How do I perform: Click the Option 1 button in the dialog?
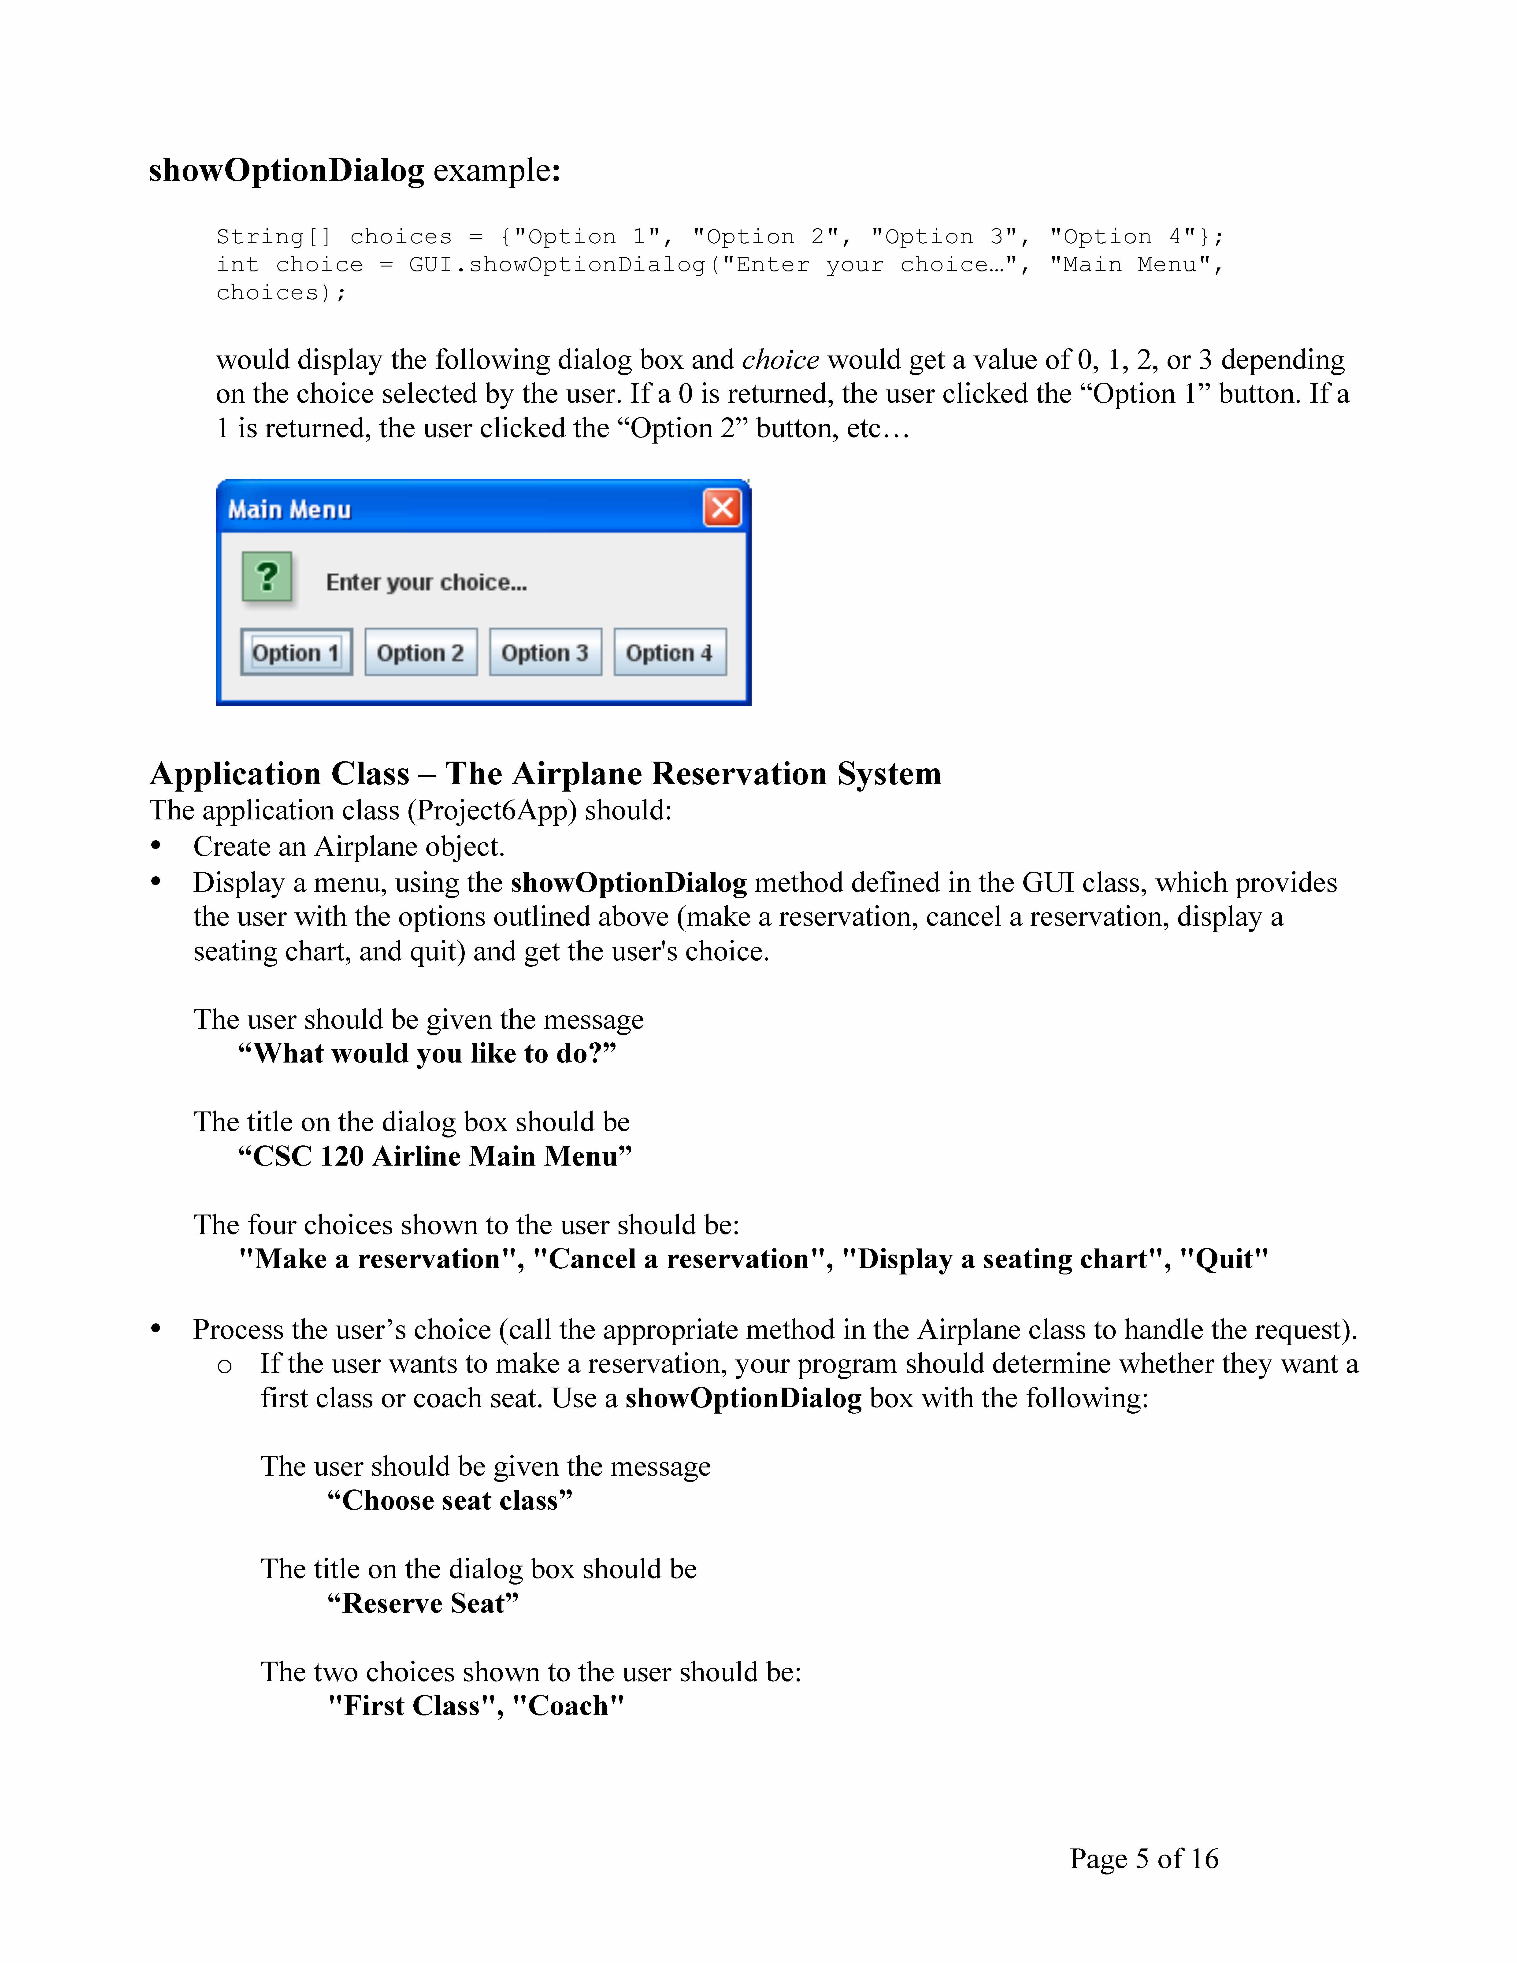296,652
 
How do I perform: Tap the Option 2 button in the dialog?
420,652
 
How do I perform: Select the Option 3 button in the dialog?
545,652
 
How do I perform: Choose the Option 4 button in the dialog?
669,652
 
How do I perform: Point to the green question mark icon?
267,576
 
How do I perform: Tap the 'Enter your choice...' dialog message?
426,582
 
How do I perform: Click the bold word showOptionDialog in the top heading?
286,170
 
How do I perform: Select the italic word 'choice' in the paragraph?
780,359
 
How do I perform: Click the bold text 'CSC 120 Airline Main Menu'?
435,1156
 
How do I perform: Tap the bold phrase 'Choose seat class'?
449,1500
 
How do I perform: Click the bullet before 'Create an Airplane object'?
156,846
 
